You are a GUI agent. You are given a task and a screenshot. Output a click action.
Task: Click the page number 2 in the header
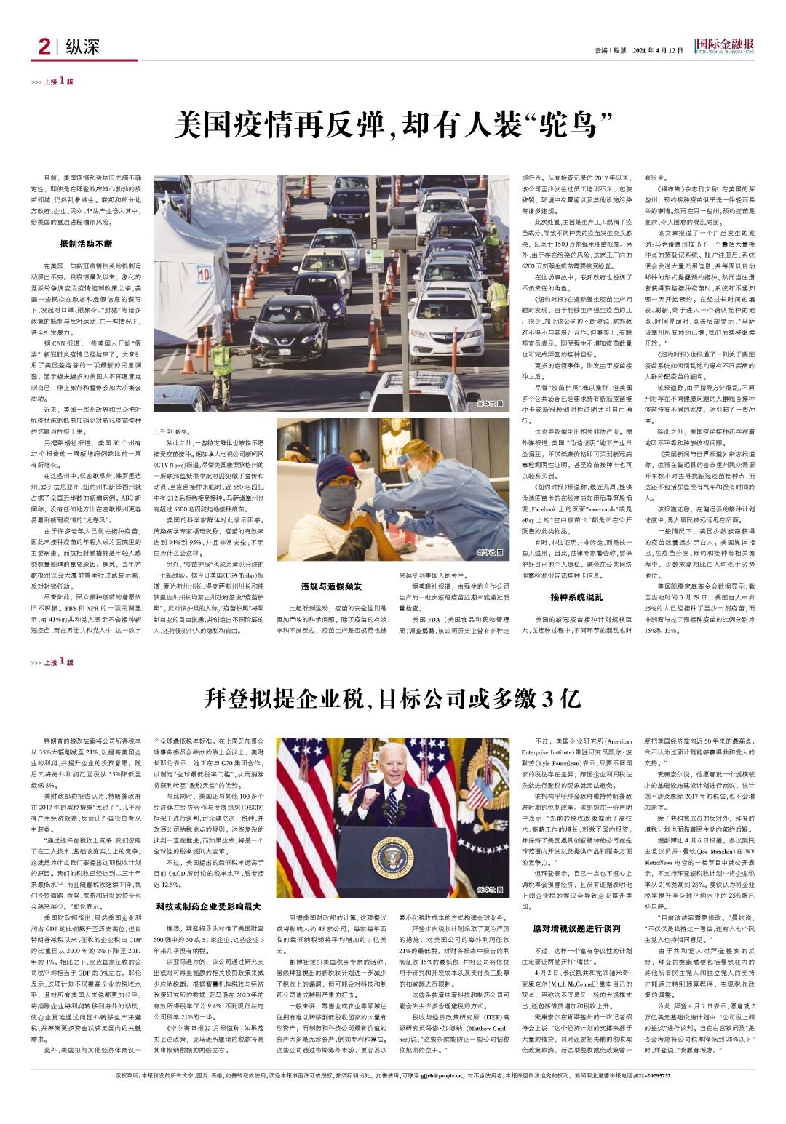click(x=43, y=48)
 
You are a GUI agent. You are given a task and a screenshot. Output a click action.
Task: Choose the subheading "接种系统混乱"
click(x=576, y=597)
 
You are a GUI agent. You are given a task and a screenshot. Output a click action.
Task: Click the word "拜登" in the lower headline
click(x=225, y=698)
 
